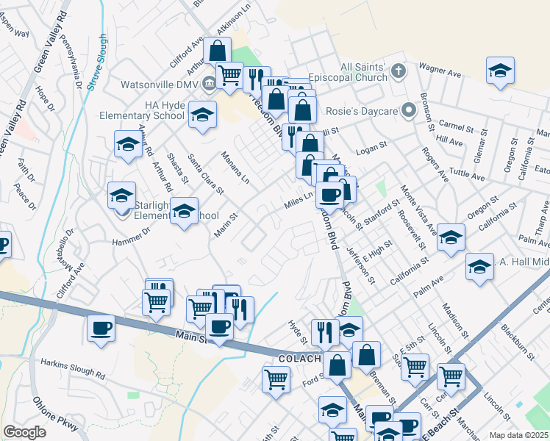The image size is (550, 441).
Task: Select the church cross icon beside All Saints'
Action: (x=398, y=72)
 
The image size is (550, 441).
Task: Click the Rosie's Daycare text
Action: (x=357, y=112)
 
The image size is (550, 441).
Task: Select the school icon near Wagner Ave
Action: (x=500, y=71)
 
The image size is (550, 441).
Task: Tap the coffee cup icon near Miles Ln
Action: (x=329, y=194)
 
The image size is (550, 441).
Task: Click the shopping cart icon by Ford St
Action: (x=276, y=380)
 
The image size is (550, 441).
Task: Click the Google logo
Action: (x=24, y=432)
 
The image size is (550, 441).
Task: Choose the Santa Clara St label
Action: (x=206, y=176)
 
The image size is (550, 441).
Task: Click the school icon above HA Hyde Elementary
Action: (x=202, y=115)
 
